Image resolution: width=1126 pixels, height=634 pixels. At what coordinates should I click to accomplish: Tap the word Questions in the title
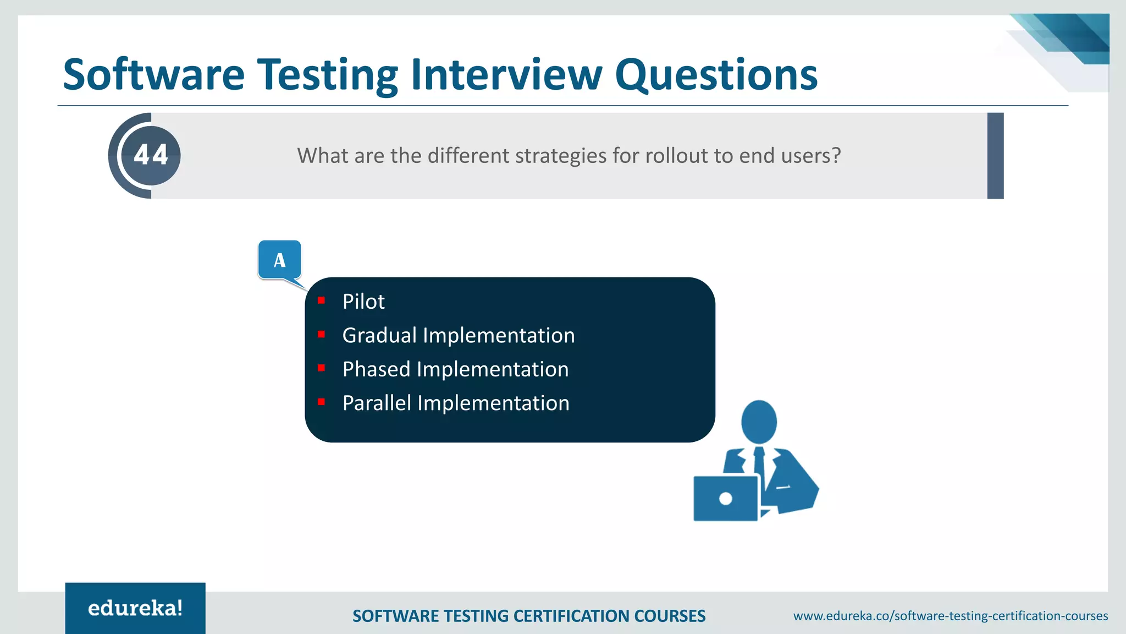(716, 75)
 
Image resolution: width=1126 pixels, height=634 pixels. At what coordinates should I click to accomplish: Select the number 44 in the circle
(151, 155)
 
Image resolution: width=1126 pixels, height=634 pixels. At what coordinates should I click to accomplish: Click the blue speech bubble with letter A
(279, 260)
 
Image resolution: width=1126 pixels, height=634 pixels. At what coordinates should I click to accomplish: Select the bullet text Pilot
(363, 302)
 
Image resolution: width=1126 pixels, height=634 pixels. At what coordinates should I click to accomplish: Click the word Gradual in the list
(379, 336)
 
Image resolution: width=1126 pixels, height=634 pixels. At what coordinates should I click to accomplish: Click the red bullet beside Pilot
(322, 300)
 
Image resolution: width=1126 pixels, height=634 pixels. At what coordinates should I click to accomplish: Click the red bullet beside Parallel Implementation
(322, 402)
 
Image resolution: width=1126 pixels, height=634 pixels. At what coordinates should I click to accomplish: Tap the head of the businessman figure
(759, 422)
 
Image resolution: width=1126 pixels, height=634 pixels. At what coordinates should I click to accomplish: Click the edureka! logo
(135, 608)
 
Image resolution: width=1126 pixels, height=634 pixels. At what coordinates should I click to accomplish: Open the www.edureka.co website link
(950, 616)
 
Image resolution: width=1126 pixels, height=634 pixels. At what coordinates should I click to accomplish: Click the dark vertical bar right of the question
(995, 156)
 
